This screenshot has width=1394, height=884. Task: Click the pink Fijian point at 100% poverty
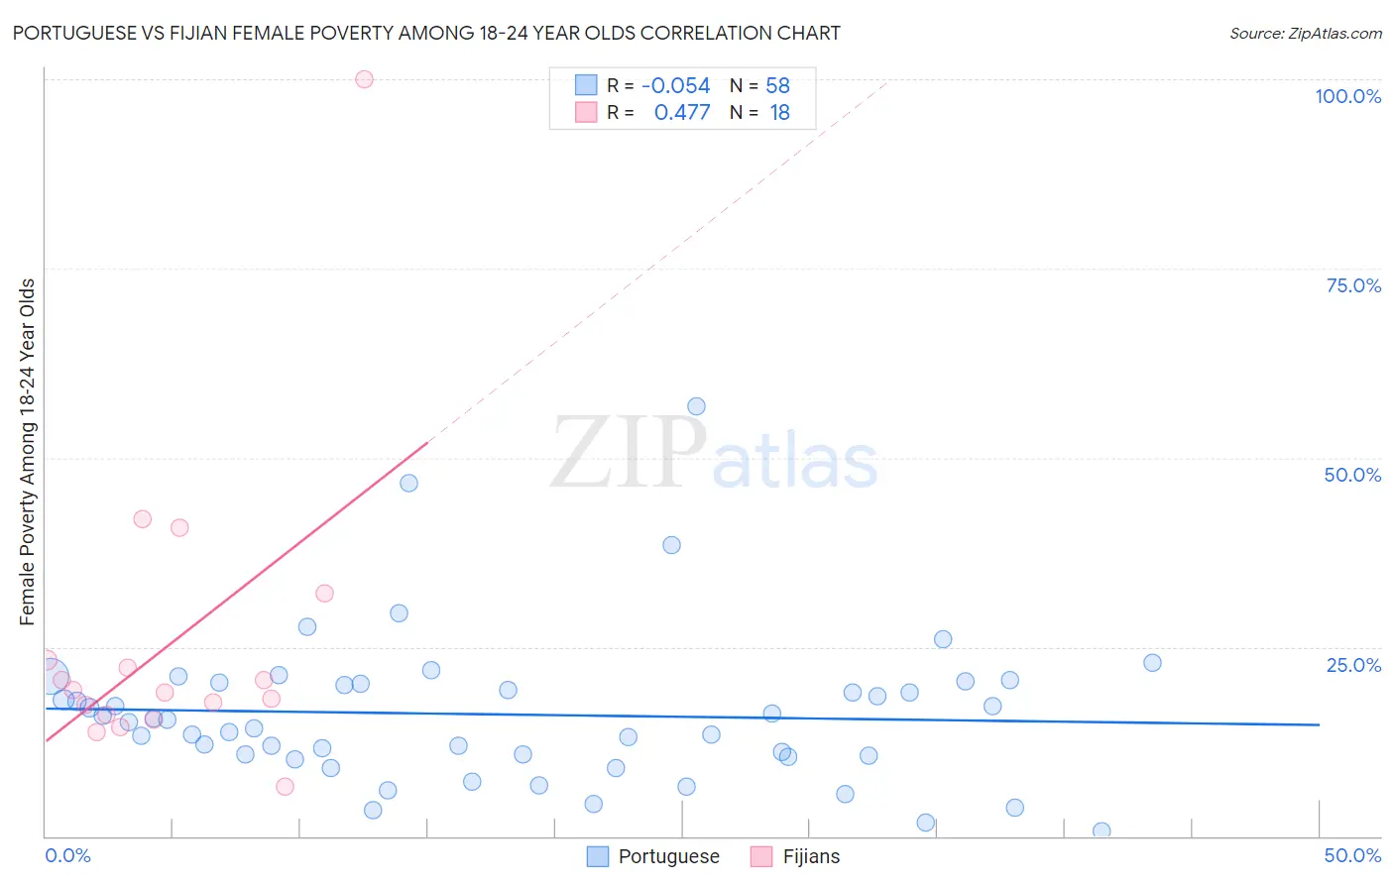[x=364, y=79]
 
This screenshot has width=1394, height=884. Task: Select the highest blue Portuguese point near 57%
[x=696, y=406]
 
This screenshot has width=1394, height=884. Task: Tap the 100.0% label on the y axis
[x=1347, y=96]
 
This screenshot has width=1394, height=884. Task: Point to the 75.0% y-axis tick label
[x=1353, y=285]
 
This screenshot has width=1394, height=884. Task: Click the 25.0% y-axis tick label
[x=1353, y=665]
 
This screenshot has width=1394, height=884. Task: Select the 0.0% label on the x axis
[x=67, y=855]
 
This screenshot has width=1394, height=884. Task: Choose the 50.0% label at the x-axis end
[x=1352, y=855]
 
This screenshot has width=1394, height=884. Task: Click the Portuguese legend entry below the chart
[x=668, y=856]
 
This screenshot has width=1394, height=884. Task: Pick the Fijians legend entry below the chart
[x=810, y=856]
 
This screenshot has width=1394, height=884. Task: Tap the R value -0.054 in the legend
[x=676, y=86]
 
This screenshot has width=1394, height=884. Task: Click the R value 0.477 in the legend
[x=682, y=113]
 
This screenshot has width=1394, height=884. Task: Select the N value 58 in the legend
[x=778, y=86]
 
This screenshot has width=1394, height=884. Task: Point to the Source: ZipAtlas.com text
[x=1305, y=34]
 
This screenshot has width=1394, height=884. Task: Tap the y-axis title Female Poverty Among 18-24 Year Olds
[x=28, y=452]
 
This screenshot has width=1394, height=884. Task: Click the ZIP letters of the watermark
[x=628, y=453]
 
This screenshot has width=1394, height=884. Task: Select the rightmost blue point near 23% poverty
[x=1152, y=663]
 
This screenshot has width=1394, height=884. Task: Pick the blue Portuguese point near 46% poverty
[x=408, y=484]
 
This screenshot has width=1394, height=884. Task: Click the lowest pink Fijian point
[x=285, y=787]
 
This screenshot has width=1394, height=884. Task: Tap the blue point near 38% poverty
[x=671, y=545]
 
